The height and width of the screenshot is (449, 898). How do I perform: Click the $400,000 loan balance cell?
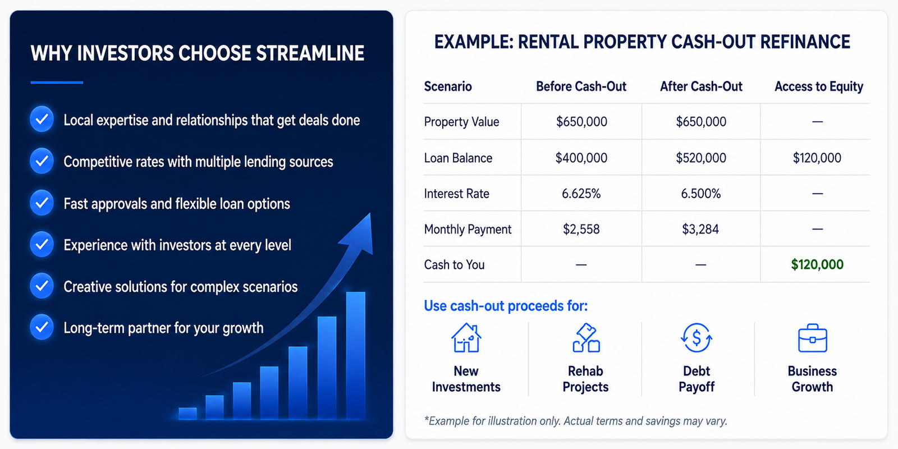click(581, 158)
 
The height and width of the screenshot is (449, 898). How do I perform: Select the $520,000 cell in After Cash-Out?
click(701, 158)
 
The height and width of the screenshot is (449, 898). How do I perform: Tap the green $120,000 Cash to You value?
click(817, 264)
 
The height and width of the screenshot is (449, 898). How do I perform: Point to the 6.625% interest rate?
click(581, 194)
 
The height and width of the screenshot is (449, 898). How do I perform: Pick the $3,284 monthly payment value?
click(700, 230)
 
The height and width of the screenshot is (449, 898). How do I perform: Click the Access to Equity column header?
click(819, 86)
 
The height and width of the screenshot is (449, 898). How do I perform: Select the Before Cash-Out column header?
click(581, 86)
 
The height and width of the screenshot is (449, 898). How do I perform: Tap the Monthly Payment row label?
click(468, 230)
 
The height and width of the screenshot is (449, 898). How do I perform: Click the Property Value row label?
click(461, 122)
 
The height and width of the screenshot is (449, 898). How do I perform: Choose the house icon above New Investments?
click(466, 338)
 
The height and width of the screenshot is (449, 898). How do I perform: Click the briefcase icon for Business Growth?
click(813, 338)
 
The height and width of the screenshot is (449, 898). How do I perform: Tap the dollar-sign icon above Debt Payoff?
click(697, 338)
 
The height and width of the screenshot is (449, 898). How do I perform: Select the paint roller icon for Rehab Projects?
click(586, 338)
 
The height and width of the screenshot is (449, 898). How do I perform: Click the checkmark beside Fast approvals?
click(42, 203)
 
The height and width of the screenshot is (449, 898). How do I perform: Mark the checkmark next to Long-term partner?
click(42, 327)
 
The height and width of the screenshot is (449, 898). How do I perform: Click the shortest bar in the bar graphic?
click(187, 413)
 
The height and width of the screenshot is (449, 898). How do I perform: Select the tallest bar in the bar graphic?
click(356, 356)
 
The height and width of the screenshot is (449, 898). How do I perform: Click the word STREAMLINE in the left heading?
click(310, 53)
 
